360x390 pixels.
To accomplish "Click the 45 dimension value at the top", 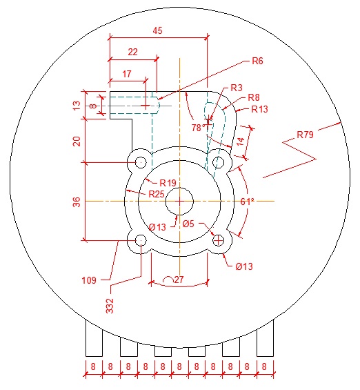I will click(158, 30).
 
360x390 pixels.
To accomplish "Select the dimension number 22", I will click(133, 52).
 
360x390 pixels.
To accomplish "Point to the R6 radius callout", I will click(257, 61).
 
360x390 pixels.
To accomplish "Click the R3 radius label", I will click(237, 88).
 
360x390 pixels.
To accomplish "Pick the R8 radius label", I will click(253, 97).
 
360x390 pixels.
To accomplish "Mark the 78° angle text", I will click(199, 128).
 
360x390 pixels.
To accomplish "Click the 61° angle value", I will click(248, 202).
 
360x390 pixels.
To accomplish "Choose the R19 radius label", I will click(168, 182).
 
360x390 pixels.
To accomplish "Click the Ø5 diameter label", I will click(189, 223).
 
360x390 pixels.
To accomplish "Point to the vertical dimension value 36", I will click(77, 202).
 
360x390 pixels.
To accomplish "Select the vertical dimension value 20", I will click(77, 141).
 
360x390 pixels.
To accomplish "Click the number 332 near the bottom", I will click(110, 304).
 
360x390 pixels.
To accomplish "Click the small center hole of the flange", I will click(179, 202).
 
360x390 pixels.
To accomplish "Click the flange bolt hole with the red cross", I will click(219, 240).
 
